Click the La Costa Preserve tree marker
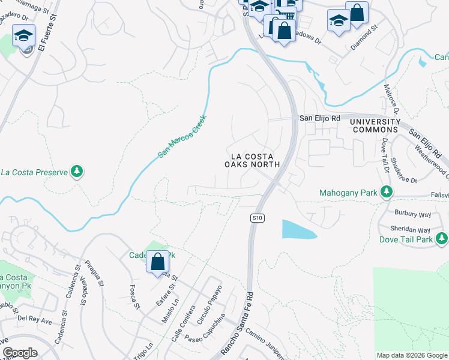[x=76, y=173]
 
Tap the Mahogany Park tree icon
[x=387, y=193]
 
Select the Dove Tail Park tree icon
[x=441, y=239]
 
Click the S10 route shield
[x=255, y=218]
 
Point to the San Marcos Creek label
[x=182, y=137]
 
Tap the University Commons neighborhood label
[x=375, y=125]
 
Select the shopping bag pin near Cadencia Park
[x=157, y=262]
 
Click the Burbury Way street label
[x=412, y=213]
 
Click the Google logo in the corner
[x=20, y=353]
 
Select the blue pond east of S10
[x=298, y=229]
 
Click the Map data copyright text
[x=411, y=356]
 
